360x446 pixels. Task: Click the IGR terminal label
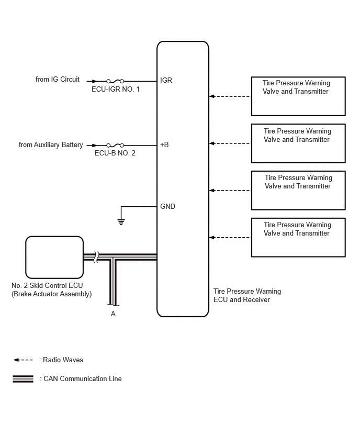166,81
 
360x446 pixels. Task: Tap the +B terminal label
164,145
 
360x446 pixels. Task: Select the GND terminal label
167,206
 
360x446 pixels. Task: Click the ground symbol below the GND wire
121,222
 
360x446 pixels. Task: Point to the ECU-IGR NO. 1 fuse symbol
115,81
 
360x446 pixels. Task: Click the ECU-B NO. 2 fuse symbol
115,146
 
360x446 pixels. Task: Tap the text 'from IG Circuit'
58,80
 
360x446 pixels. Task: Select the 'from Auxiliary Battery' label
51,145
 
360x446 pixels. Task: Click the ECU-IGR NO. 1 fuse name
116,90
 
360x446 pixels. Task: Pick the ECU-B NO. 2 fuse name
115,153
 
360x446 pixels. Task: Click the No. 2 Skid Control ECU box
54,258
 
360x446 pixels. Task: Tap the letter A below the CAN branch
113,314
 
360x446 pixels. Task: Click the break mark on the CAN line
96,257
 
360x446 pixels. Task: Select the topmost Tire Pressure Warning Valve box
298,96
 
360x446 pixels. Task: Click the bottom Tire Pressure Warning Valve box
298,238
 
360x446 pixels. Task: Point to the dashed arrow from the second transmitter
230,143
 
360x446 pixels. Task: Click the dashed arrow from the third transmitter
230,191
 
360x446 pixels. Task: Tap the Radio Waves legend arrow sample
23,360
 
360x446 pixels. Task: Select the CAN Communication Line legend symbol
23,379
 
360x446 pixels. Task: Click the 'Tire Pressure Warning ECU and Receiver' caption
247,296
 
